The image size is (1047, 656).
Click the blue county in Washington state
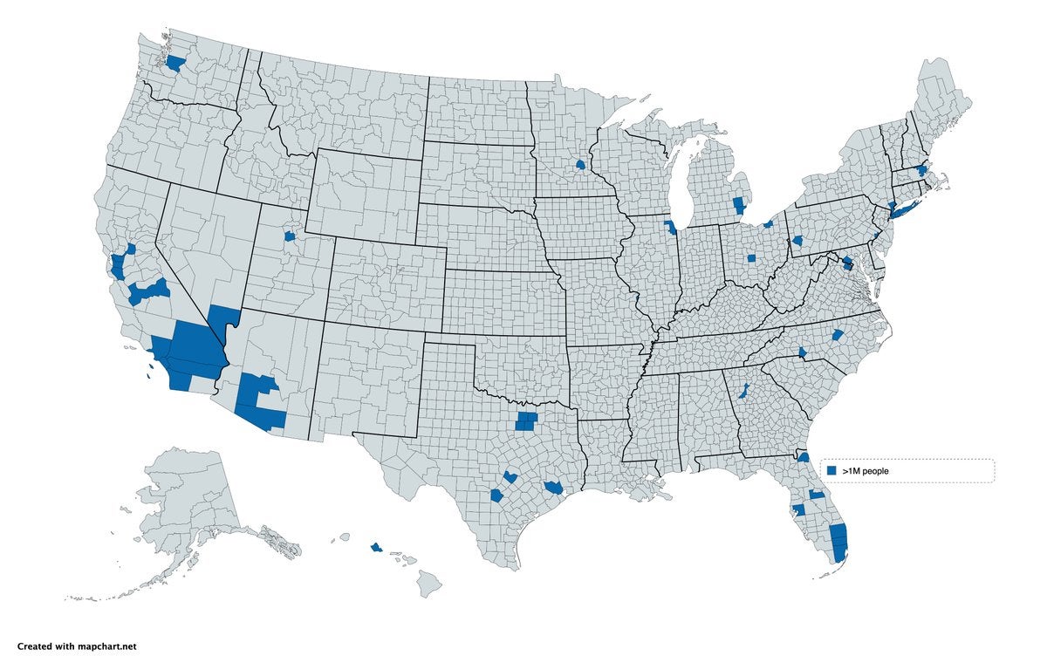[x=175, y=64]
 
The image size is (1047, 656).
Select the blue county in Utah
[x=291, y=236]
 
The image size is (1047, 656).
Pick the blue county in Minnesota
[x=580, y=164]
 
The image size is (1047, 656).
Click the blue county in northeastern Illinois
[x=670, y=228]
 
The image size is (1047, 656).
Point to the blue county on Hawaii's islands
[x=376, y=547]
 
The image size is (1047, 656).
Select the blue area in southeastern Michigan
[x=739, y=206]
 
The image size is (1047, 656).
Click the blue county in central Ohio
[x=751, y=259]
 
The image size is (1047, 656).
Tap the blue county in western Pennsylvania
[x=797, y=242]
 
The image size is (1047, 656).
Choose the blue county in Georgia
[x=745, y=390]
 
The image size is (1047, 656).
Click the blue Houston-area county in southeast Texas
[x=553, y=487]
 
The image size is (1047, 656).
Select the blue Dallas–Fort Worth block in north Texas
[x=526, y=422]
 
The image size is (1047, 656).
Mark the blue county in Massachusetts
[x=922, y=171]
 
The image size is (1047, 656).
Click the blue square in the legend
[x=831, y=470]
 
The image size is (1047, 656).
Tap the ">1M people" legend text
[x=865, y=471]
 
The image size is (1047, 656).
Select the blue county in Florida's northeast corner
[x=804, y=457]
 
